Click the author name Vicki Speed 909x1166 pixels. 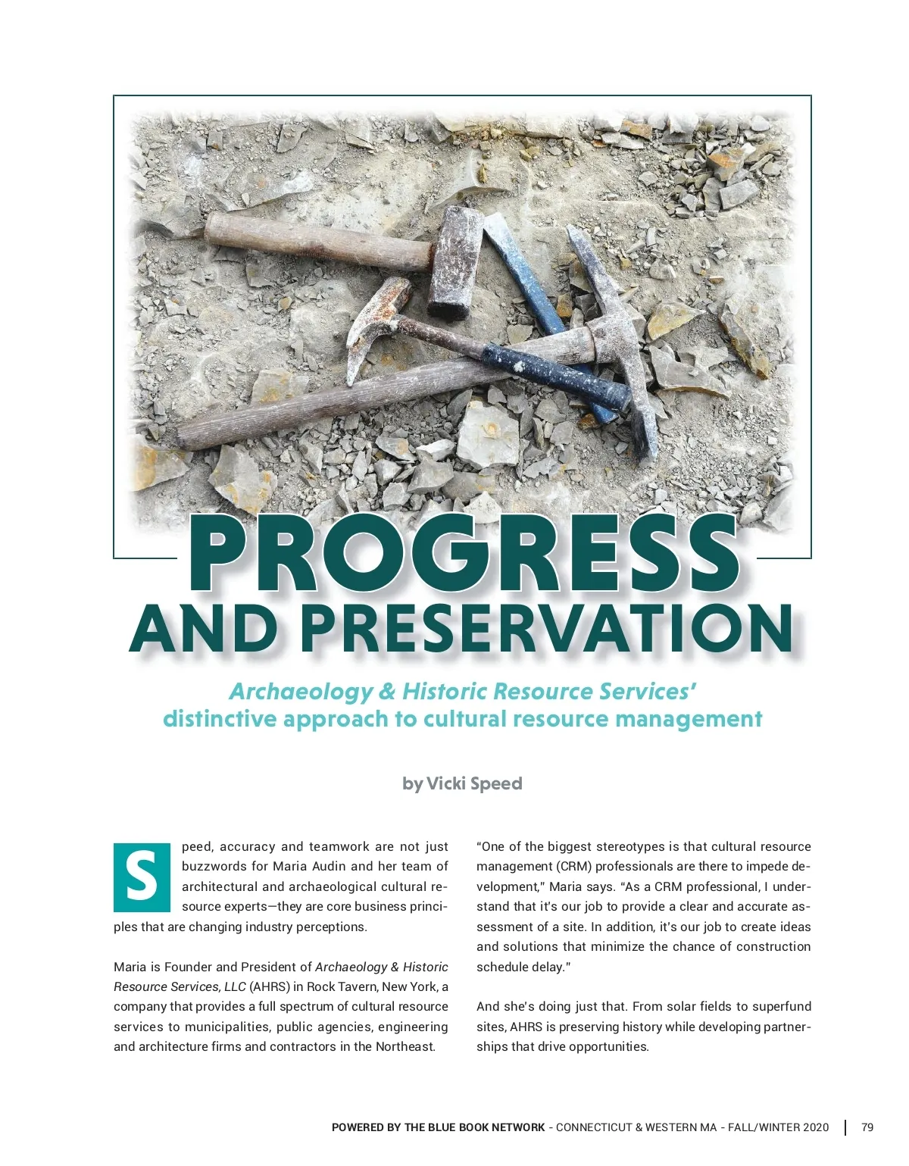pos(474,783)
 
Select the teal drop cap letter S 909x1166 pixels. pos(142,877)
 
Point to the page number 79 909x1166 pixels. pos(867,1127)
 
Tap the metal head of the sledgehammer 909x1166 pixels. pos(454,261)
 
